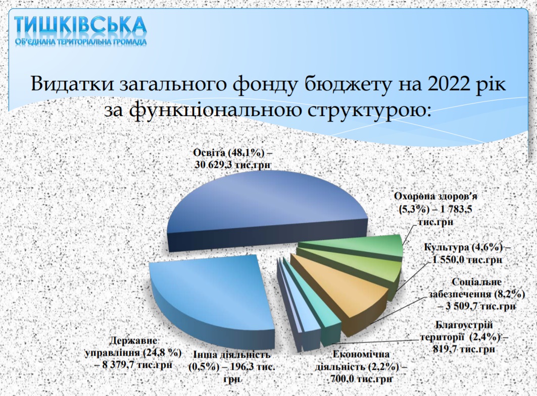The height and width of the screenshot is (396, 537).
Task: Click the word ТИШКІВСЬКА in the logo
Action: [x=80, y=25]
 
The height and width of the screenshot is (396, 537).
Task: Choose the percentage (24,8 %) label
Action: [x=162, y=353]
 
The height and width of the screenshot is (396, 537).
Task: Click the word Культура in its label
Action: [x=446, y=247]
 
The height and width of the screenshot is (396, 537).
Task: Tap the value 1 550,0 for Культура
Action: [x=449, y=260]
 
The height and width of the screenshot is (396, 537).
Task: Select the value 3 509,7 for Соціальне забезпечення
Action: [x=462, y=306]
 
